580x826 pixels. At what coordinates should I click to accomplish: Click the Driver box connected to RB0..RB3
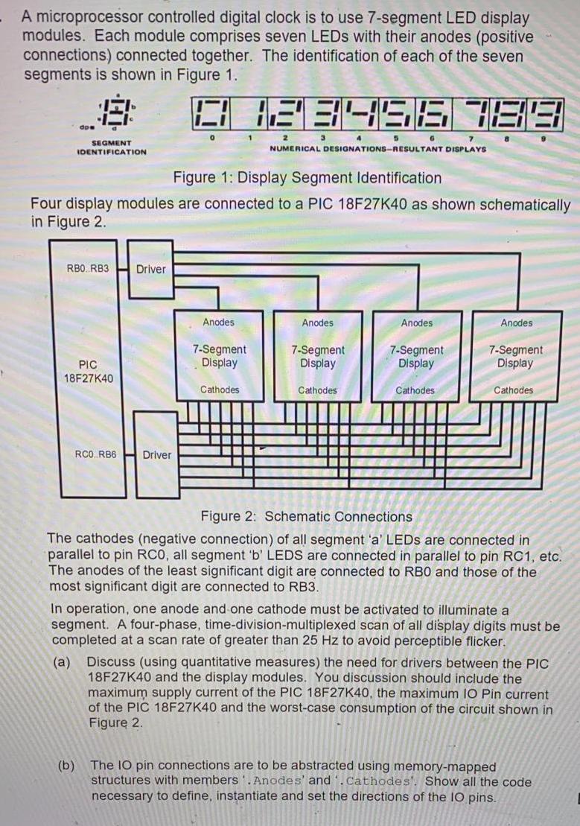click(151, 269)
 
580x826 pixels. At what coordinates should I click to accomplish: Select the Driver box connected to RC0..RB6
click(156, 454)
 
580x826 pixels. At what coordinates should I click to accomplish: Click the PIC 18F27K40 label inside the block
click(88, 371)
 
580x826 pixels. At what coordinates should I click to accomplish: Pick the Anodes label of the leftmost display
click(218, 323)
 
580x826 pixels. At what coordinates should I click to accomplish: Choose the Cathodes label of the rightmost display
click(514, 390)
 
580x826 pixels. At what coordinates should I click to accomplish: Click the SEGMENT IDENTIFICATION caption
click(112, 147)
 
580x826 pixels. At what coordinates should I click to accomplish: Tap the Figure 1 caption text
click(307, 178)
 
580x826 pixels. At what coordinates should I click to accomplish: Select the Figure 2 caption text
click(306, 516)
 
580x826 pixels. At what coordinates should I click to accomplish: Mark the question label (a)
click(63, 662)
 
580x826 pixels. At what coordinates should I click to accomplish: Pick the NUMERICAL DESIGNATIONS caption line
click(377, 148)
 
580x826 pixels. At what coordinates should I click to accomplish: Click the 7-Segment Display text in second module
click(318, 356)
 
